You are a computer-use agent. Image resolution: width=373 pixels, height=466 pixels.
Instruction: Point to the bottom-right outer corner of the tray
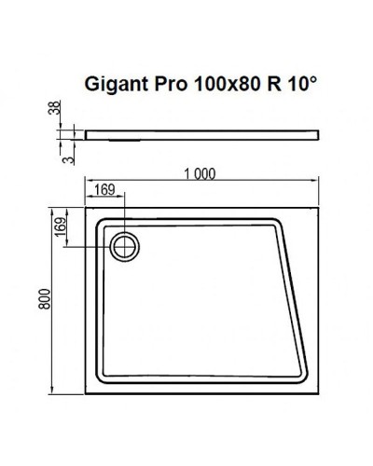tap(320, 394)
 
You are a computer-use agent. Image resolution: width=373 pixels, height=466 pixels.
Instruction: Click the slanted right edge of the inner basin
tap(293, 298)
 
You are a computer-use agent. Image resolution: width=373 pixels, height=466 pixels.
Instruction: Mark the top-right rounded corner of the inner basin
tap(277, 224)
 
